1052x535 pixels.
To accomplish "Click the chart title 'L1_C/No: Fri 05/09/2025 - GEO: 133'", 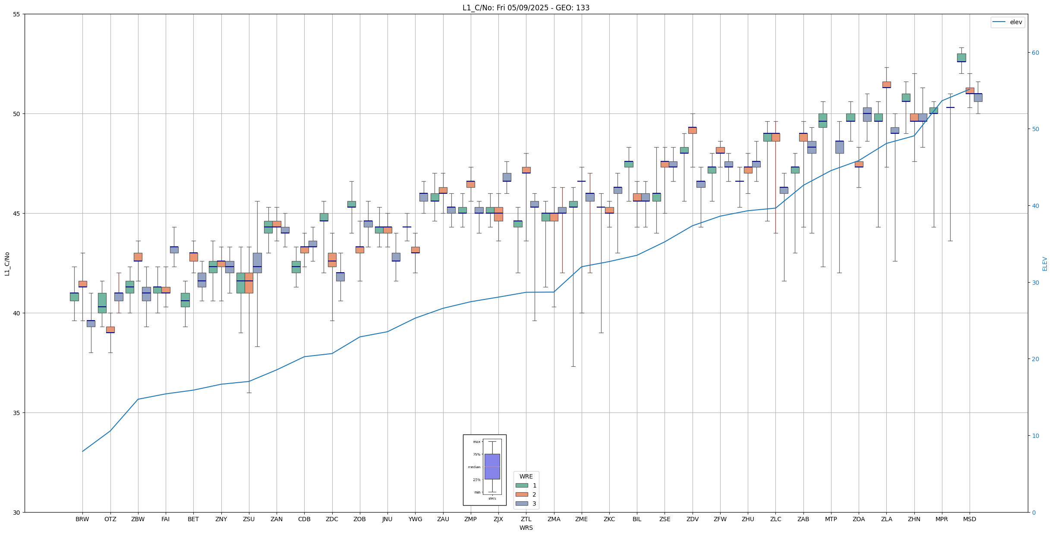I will [x=526, y=8].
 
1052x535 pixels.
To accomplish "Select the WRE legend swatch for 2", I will [x=522, y=494].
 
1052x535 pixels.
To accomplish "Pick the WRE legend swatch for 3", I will [x=522, y=504].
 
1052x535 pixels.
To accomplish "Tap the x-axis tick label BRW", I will [x=82, y=519].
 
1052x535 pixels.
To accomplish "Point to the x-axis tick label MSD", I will [x=969, y=519].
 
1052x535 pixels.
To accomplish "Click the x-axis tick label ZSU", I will [x=249, y=519].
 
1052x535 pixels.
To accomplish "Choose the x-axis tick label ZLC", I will [x=775, y=519].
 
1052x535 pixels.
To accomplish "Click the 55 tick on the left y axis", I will [x=17, y=14].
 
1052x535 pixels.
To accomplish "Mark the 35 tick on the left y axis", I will [x=17, y=413].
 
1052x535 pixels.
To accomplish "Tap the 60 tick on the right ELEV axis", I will [x=1035, y=53].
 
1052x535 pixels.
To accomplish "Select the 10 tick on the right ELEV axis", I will [x=1035, y=436].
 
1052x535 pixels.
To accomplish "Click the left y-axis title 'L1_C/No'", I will [x=7, y=263].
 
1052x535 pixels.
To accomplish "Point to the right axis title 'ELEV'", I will [x=1045, y=264].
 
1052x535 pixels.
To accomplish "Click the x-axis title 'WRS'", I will [x=526, y=528].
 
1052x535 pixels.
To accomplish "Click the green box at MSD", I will [x=961, y=58].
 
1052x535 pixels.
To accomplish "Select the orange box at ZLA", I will [x=886, y=85].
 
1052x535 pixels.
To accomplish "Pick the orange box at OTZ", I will [x=110, y=330].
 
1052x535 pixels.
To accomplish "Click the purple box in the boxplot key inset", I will [x=492, y=466].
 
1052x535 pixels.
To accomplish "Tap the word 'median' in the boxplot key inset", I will [x=474, y=467].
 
